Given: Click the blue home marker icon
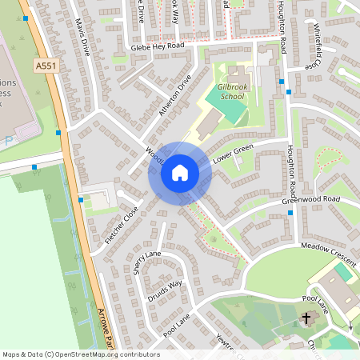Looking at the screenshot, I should [x=180, y=172].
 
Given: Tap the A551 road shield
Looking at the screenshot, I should [x=45, y=63].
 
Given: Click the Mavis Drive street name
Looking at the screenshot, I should [x=82, y=37].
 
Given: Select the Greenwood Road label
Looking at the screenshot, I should [x=310, y=198].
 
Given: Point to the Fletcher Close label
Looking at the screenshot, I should [x=121, y=226].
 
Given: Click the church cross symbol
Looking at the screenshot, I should [x=306, y=319].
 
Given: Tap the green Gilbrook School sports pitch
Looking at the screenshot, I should [x=225, y=107].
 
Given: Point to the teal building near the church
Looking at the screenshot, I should [x=342, y=272].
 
